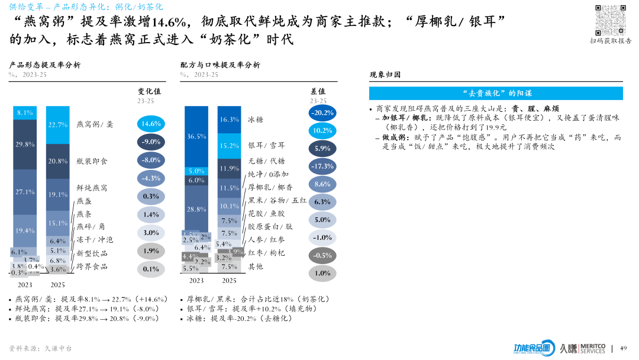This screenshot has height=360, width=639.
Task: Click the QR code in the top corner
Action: pyautogui.click(x=611, y=19)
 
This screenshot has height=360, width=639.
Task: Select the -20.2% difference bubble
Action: pyautogui.click(x=322, y=112)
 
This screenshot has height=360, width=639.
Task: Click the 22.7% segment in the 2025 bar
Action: pyautogui.click(x=58, y=125)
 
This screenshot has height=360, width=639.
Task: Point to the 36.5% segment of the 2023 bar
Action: pyautogui.click(x=196, y=136)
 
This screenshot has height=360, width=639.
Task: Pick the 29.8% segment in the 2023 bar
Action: pyautogui.click(x=25, y=144)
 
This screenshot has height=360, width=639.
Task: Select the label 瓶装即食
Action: pyautogui.click(x=92, y=161)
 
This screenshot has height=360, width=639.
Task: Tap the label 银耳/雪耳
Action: pyautogui.click(x=266, y=145)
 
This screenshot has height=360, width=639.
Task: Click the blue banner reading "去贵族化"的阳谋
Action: pyautogui.click(x=496, y=94)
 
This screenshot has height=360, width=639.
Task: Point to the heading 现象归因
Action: pyautogui.click(x=385, y=75)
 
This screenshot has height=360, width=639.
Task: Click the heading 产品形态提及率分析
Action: pyautogui.click(x=44, y=65)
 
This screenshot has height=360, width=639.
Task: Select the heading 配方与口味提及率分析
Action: pyautogui.click(x=220, y=65)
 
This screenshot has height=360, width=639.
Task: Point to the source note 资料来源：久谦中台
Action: pyautogui.click(x=40, y=348)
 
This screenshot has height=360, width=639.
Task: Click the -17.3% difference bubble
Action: pyautogui.click(x=322, y=166)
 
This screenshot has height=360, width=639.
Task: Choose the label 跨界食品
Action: pyautogui.click(x=92, y=266)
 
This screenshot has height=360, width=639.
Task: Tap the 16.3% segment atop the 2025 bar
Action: pyautogui.click(x=230, y=120)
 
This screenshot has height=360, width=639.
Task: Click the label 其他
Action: pyautogui.click(x=256, y=266)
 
